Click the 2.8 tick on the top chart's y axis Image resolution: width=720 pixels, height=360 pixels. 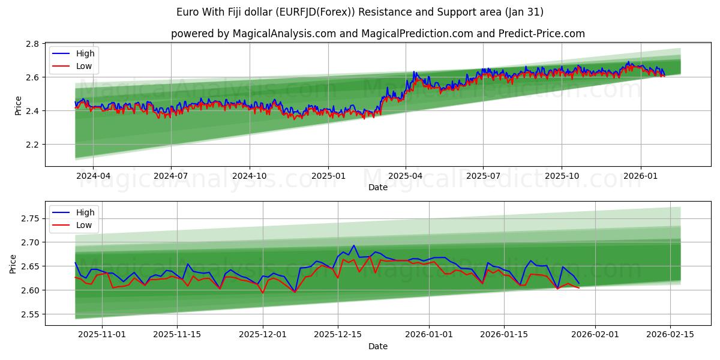32,44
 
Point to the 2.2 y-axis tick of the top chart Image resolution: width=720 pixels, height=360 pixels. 32,145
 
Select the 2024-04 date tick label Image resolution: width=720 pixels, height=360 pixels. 93,176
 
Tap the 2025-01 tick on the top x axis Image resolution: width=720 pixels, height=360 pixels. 328,176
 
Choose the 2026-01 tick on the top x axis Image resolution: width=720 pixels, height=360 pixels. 641,176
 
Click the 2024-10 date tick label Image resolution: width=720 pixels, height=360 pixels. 250,176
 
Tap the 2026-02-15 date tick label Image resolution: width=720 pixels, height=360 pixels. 670,335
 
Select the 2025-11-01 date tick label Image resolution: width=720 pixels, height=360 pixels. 101,335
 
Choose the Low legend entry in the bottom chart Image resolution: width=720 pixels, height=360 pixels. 85,225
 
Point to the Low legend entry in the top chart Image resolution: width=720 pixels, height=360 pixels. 85,66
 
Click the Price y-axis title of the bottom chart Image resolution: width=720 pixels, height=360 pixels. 13,263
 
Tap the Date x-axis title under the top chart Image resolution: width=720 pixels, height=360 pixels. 378,187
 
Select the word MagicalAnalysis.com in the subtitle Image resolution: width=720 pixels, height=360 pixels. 286,34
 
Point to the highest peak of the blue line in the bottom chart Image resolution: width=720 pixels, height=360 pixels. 354,245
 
